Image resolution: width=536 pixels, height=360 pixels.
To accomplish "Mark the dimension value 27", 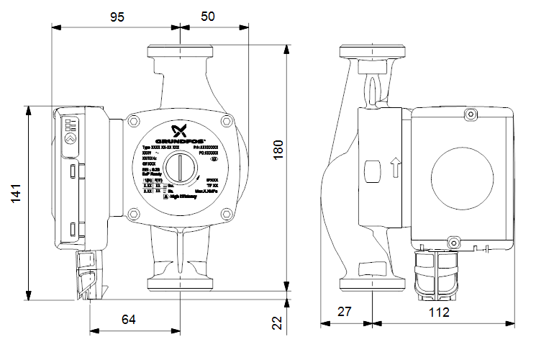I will pyautogui.click(x=347, y=312).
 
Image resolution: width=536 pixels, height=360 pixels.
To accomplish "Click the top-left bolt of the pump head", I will pyautogui.click(x=132, y=122).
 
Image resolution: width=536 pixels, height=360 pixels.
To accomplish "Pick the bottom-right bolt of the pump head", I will pyautogui.click(x=227, y=212).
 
